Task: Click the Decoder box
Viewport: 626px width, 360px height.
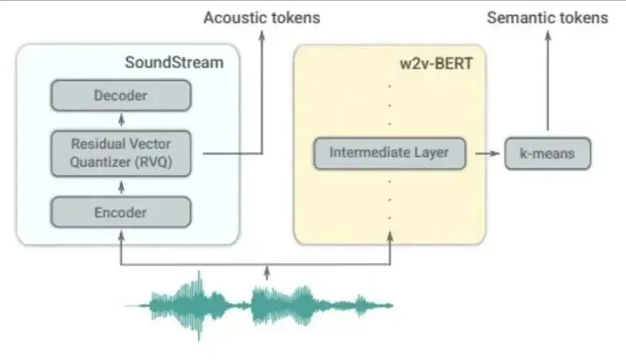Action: [x=120, y=95]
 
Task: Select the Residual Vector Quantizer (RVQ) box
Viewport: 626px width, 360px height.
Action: [x=120, y=153]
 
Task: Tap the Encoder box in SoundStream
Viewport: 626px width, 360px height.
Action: [x=120, y=211]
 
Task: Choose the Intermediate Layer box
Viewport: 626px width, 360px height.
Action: [x=389, y=152]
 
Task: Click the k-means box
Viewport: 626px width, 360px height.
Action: [x=547, y=153]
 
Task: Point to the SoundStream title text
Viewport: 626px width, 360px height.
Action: [x=174, y=62]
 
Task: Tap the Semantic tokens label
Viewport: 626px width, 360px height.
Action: [x=547, y=18]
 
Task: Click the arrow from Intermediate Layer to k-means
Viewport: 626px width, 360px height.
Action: [x=485, y=153]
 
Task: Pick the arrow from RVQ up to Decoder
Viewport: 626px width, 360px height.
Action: [x=120, y=119]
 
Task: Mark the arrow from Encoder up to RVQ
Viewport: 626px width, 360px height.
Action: [x=120, y=187]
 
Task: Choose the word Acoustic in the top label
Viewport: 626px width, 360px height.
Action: [x=234, y=18]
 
